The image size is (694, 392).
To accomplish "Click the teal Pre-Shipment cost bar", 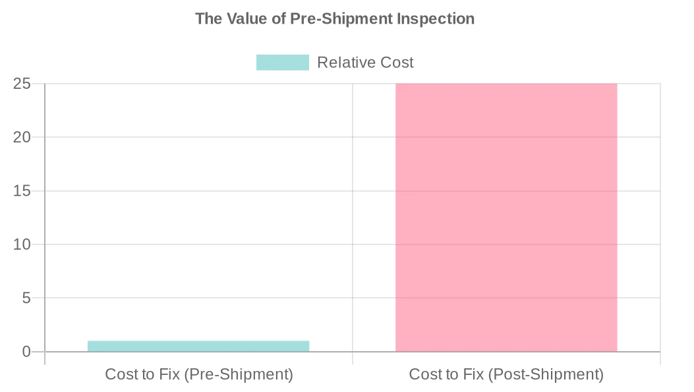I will pyautogui.click(x=198, y=346).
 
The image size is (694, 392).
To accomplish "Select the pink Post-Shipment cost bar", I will pyautogui.click(x=506, y=217).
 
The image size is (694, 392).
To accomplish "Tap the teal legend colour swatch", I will pyautogui.click(x=282, y=63).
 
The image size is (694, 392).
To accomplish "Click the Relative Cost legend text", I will pyautogui.click(x=365, y=63).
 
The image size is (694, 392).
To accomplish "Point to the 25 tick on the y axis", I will pyautogui.click(x=22, y=84).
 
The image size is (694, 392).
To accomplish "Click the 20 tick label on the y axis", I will pyautogui.click(x=22, y=137).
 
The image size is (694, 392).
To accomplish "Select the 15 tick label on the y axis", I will pyautogui.click(x=22, y=191).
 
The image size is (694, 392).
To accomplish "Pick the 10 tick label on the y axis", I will pyautogui.click(x=22, y=244).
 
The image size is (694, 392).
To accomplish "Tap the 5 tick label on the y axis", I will pyautogui.click(x=26, y=298).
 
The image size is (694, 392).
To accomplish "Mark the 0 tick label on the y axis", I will pyautogui.click(x=26, y=352).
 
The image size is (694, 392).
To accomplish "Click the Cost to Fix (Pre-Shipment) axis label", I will pyautogui.click(x=199, y=375).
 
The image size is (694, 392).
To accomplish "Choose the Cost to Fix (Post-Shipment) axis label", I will pyautogui.click(x=506, y=375).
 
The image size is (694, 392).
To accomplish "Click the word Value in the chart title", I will pyautogui.click(x=248, y=18).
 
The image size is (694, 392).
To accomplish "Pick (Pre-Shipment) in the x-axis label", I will pyautogui.click(x=238, y=375).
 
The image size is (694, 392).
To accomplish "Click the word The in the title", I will pyautogui.click(x=209, y=18).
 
